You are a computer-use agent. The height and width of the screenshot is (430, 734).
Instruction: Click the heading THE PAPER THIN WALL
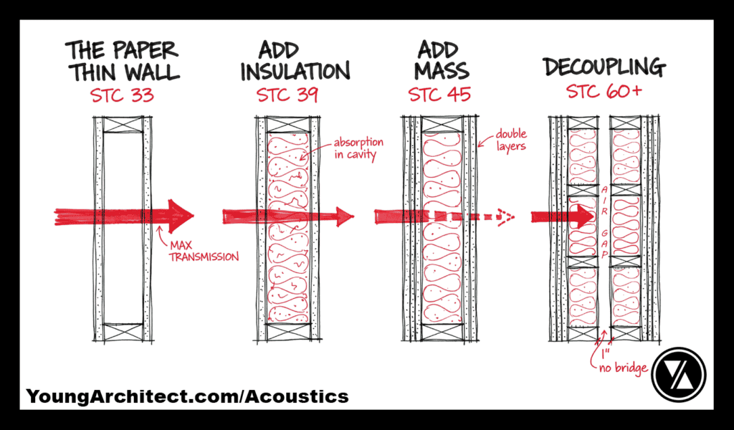point(122,62)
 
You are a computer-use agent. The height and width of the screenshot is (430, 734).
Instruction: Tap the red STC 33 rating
point(122,95)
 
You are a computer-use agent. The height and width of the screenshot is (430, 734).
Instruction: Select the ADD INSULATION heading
point(295,62)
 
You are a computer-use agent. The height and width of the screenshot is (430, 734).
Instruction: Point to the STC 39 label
point(287,95)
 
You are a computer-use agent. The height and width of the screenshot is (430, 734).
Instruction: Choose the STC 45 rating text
point(439,95)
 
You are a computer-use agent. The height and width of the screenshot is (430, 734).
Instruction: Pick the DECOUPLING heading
point(604,68)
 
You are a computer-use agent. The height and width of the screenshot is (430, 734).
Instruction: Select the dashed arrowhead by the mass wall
point(504,216)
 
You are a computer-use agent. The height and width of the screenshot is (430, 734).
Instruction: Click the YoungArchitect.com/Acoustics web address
point(187,396)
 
